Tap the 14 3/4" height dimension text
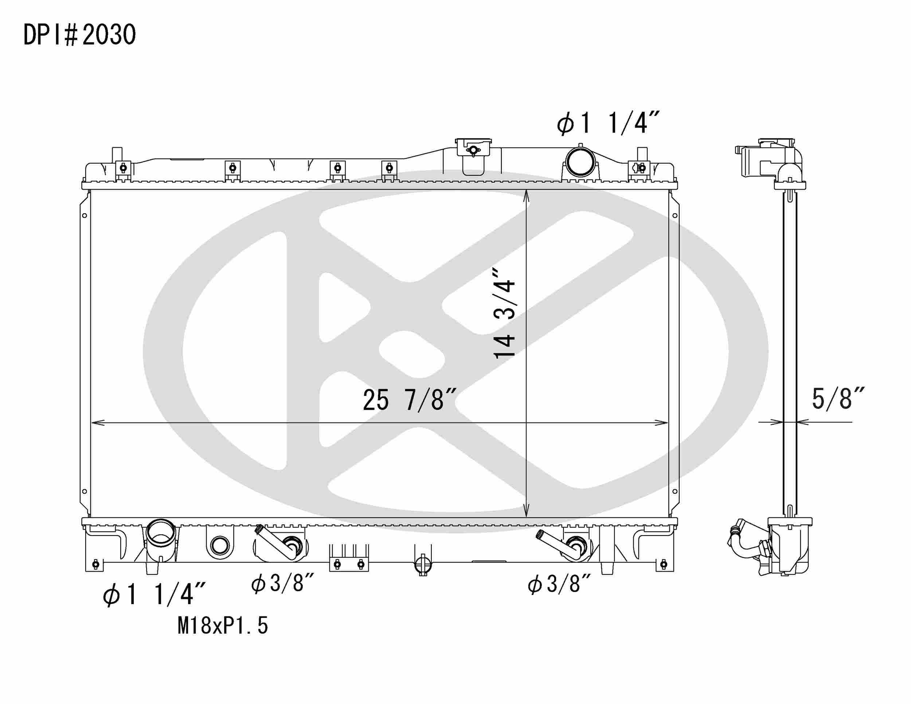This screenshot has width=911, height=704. (x=505, y=313)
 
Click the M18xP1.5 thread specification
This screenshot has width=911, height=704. (x=222, y=626)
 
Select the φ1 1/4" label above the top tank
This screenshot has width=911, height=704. (x=608, y=123)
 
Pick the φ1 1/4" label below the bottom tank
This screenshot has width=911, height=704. (x=153, y=594)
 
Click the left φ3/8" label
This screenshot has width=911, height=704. (x=282, y=583)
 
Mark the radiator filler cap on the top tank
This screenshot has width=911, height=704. (x=473, y=148)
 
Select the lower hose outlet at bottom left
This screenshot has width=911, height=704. (x=161, y=534)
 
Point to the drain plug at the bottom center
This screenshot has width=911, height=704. (x=423, y=564)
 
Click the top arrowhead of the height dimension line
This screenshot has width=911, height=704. (x=527, y=194)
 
